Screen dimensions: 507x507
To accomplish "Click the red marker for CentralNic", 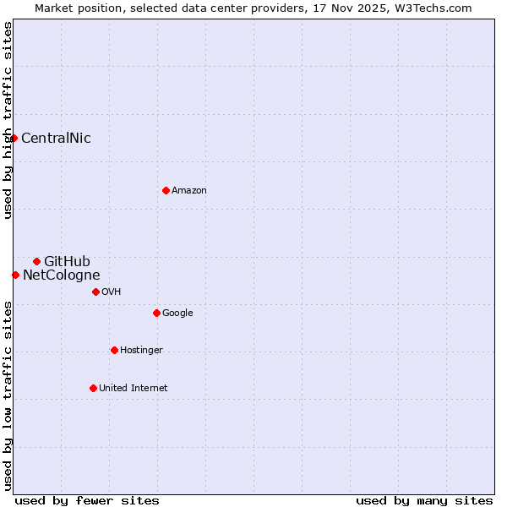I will click(x=14, y=138).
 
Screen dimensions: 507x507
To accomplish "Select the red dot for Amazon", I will click(x=166, y=190).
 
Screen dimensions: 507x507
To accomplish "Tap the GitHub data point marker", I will click(x=36, y=261).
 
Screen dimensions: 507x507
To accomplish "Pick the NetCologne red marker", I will click(x=15, y=275).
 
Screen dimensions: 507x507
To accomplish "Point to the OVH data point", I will click(x=95, y=292).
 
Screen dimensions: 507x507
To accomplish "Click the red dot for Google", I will click(x=156, y=313).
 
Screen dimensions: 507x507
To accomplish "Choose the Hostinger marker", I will click(x=114, y=350).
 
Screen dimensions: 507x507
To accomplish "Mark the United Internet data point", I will click(x=93, y=388).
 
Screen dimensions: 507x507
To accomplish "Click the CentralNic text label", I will click(x=56, y=139).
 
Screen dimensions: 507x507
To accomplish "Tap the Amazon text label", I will click(x=189, y=191).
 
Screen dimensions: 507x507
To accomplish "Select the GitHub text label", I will click(x=67, y=262).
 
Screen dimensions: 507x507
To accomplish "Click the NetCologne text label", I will click(x=62, y=275).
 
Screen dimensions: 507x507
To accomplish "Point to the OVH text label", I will click(x=112, y=292).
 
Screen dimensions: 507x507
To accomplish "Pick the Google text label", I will click(x=177, y=313).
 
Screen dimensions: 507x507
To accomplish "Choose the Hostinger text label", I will click(x=141, y=351).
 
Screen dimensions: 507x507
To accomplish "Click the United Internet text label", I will click(x=134, y=389).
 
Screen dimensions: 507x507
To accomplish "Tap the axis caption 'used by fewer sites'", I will click(x=87, y=500).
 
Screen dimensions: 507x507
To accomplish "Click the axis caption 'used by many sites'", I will click(x=424, y=500).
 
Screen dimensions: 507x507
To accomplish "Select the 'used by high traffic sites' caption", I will click(x=8, y=120).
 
